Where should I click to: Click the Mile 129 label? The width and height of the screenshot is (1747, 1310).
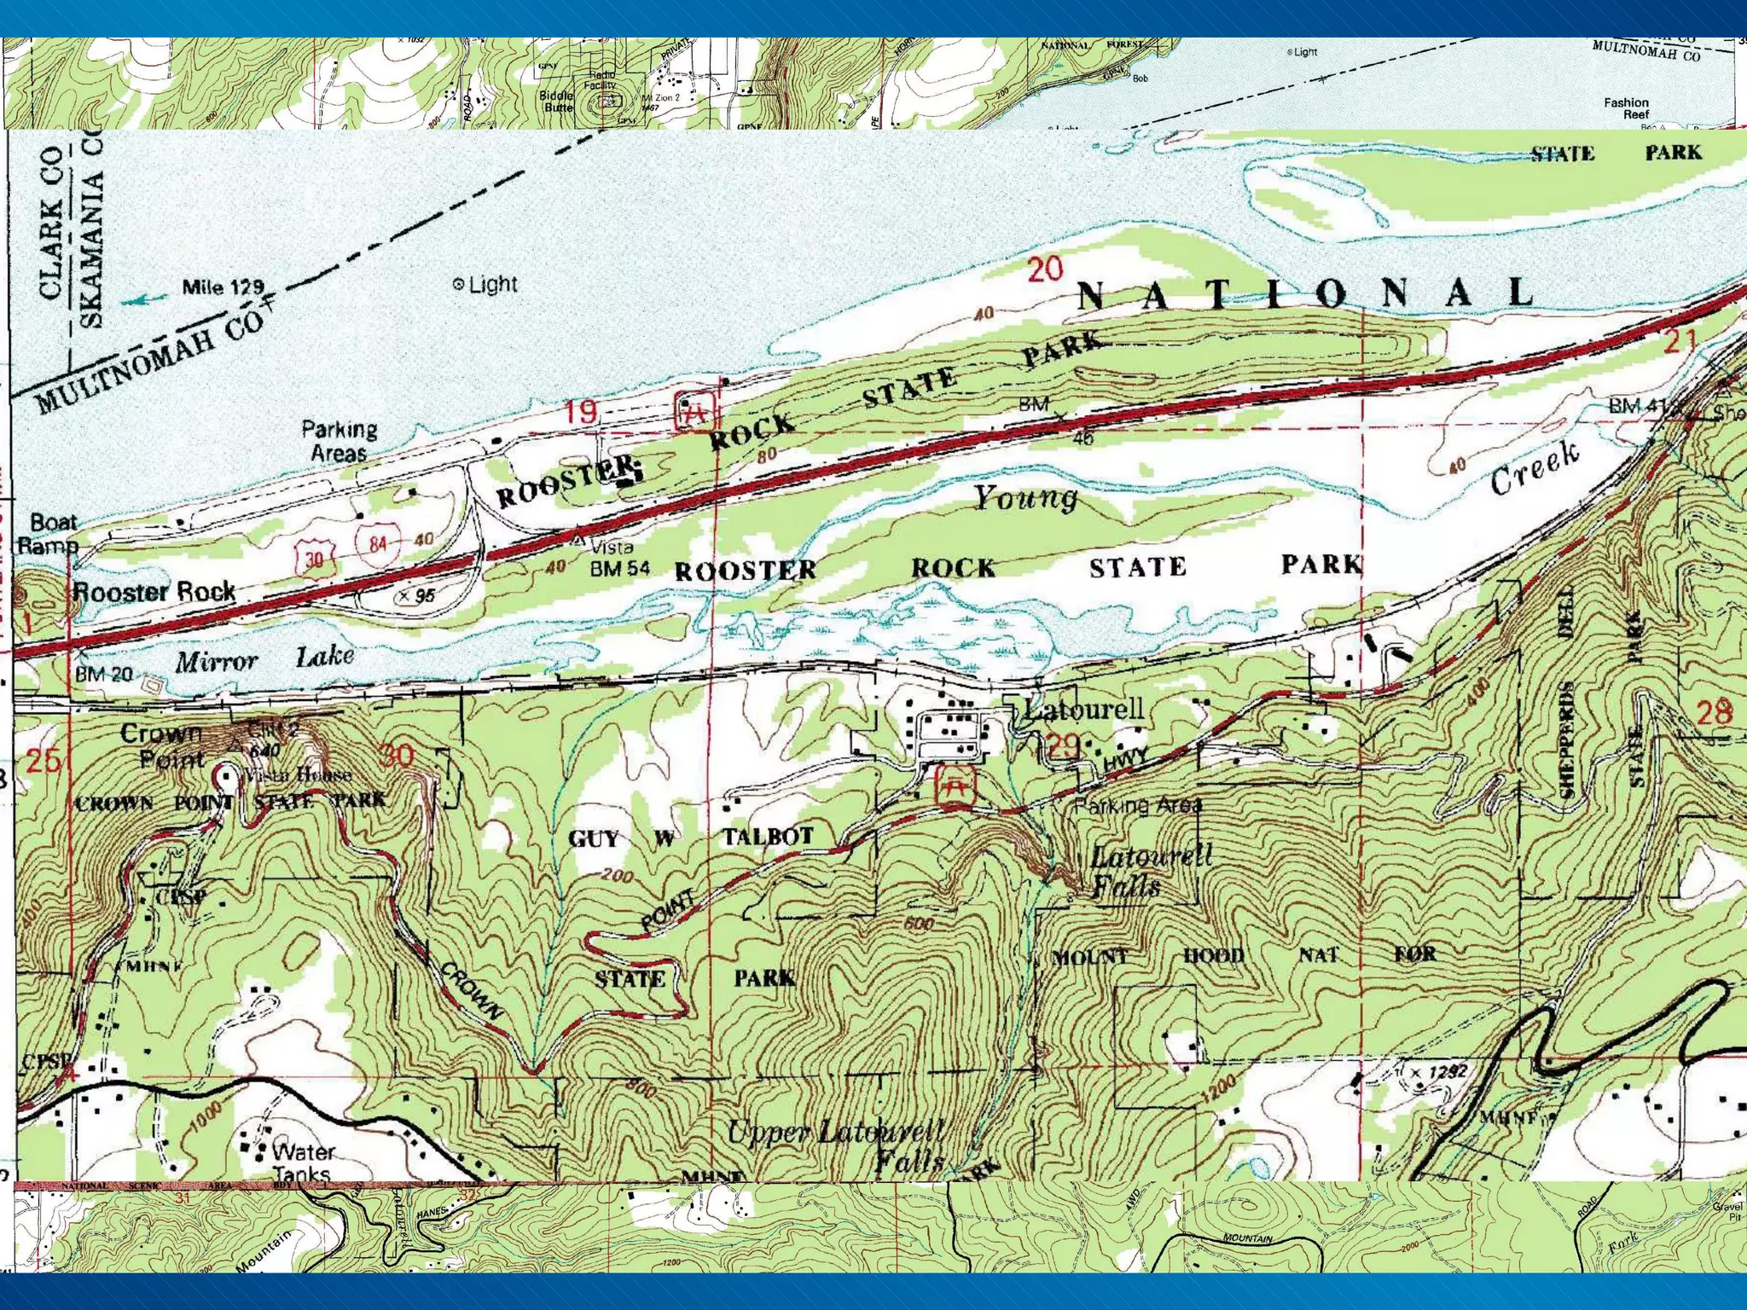tap(223, 287)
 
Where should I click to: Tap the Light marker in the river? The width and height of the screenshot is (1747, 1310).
tap(459, 285)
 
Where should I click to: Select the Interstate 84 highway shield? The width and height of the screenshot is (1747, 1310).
tap(377, 543)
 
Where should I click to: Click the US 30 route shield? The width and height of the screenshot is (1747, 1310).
tap(314, 559)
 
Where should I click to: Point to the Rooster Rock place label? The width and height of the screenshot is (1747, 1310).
tap(154, 591)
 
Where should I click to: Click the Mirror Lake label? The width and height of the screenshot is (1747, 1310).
tap(264, 659)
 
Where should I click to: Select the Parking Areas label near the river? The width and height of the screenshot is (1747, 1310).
tap(339, 441)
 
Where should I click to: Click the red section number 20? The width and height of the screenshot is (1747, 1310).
tap(1045, 270)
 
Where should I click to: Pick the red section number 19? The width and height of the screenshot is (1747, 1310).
tap(581, 412)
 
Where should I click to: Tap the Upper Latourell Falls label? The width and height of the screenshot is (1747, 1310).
tap(836, 1145)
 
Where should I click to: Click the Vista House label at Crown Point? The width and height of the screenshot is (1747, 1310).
tap(298, 775)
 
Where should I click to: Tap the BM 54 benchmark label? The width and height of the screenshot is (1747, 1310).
tap(619, 569)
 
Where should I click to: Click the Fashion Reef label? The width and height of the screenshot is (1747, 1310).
tap(1626, 108)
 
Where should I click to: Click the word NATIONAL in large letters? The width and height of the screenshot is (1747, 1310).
tap(1305, 294)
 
